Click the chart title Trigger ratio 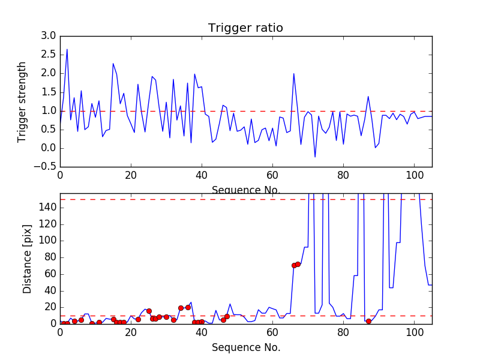tap(245, 28)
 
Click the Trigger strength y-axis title tap(22, 101)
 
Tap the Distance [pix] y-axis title tap(27, 259)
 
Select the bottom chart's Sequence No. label tap(246, 348)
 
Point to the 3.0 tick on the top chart tap(47, 36)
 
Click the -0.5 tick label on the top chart tap(45, 167)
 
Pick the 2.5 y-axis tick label tap(47, 55)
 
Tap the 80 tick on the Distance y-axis tap(50, 257)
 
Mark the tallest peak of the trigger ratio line tap(67, 49)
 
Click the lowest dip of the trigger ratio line tap(315, 157)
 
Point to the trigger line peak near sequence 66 tap(293, 74)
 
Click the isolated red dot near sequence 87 tap(368, 321)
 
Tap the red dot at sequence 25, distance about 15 tap(149, 311)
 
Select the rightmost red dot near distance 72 tap(298, 264)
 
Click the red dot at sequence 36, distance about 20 tap(188, 307)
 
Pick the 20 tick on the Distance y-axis tap(50, 307)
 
